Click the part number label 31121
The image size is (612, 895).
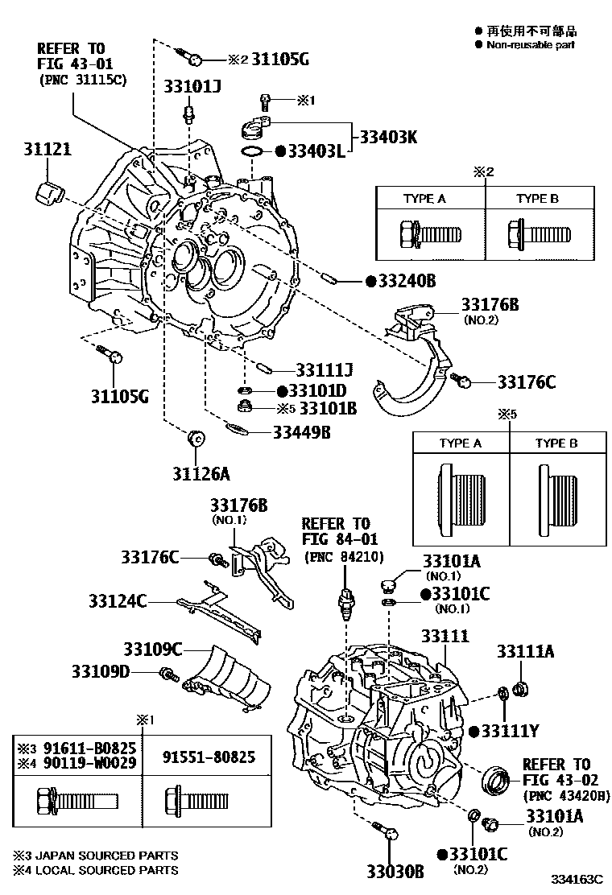[x=47, y=150]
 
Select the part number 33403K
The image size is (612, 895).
[x=388, y=137]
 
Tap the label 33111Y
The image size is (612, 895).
[x=509, y=730]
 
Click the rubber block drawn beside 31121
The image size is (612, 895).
[x=49, y=194]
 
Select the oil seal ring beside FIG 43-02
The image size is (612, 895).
[x=495, y=780]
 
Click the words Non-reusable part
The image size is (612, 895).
[x=531, y=45]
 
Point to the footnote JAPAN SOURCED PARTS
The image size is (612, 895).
[x=95, y=856]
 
